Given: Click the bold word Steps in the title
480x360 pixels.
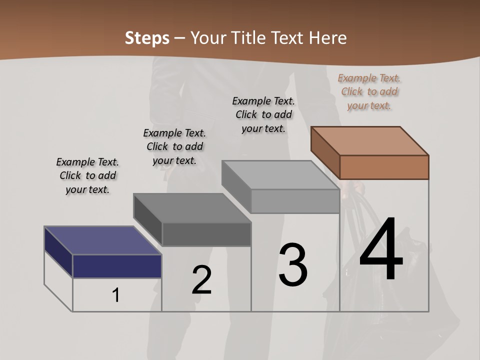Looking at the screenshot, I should pos(147,38).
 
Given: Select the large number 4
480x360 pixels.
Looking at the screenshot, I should pos(381,249).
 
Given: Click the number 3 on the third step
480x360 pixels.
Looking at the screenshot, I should pos(293,265).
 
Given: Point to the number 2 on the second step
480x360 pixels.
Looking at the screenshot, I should pos(202,280).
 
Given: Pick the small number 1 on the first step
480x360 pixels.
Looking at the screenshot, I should pos(116,295).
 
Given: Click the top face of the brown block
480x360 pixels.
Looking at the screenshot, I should pos(370,140).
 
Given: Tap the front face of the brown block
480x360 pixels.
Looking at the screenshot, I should pos(384,167).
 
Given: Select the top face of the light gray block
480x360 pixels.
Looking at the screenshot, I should pos(280,175).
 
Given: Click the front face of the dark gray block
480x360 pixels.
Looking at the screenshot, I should pos(206,234).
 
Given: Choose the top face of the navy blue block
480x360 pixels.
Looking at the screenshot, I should pos(102,240).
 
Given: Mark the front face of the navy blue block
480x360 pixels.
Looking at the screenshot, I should pos(117,266).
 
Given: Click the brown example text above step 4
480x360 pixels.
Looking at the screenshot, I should pos(369,91).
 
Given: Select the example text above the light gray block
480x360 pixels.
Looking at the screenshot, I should pos(263,114).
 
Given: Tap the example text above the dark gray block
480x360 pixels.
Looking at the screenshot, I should pos(174,146).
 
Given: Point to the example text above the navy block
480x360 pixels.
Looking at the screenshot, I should pos(87,175).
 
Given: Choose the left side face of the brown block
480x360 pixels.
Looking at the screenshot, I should pos(325,152).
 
